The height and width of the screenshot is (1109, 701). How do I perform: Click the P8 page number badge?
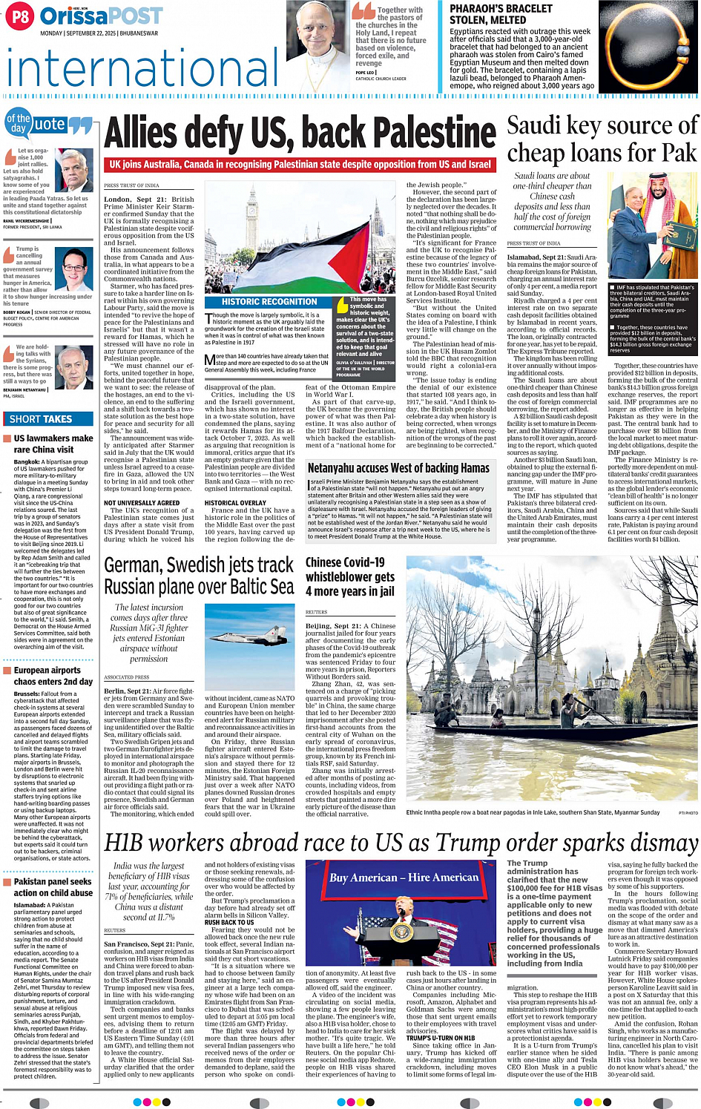(20, 16)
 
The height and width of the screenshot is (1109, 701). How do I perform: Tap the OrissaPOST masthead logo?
(101, 16)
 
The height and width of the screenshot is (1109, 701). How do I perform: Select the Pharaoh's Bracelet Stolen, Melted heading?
(501, 14)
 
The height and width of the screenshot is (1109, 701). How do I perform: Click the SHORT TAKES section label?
(41, 419)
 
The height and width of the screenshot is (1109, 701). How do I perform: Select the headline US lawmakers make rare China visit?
(53, 444)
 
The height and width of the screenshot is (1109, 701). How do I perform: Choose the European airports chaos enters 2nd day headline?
(53, 676)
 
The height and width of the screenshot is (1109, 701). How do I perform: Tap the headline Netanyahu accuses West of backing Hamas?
(398, 468)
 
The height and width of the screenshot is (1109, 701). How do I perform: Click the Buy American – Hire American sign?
(404, 878)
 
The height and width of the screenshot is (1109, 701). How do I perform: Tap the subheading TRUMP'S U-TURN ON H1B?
(441, 1038)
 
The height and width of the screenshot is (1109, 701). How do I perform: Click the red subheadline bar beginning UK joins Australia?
(300, 165)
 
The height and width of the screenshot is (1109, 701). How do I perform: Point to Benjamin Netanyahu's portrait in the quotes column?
(73, 367)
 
